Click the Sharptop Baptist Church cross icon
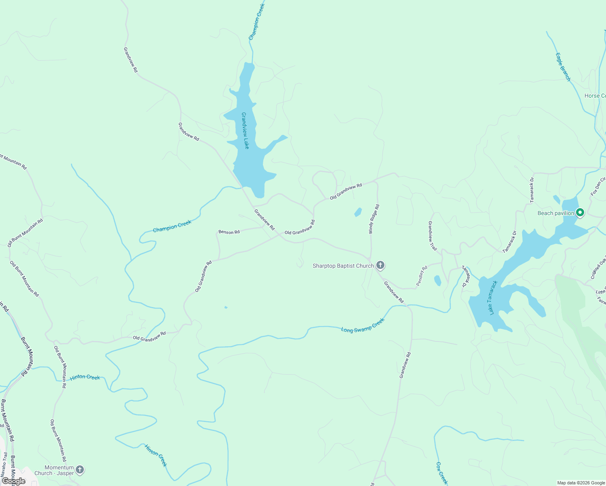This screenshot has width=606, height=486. tap(380, 266)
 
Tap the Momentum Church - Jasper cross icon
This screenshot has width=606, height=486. tap(80, 470)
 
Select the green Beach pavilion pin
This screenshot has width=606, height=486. tap(580, 212)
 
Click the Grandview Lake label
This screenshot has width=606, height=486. tap(245, 130)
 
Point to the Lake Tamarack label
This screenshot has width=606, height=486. tap(493, 298)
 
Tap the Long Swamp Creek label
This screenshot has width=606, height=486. tap(363, 326)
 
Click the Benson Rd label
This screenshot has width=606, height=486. tap(229, 232)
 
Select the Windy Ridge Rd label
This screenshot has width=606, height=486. tap(373, 219)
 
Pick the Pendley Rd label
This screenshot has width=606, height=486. tap(422, 276)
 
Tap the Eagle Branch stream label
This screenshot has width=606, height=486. tap(563, 67)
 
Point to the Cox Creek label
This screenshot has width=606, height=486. tap(442, 473)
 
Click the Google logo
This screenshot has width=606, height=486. tap(13, 481)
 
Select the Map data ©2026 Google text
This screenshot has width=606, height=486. tap(581, 483)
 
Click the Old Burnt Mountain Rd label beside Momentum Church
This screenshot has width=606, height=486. tap(58, 441)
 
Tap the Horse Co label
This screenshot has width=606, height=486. tap(595, 96)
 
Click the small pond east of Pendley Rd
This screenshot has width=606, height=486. tap(437, 280)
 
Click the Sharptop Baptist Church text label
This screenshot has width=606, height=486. tap(343, 266)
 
